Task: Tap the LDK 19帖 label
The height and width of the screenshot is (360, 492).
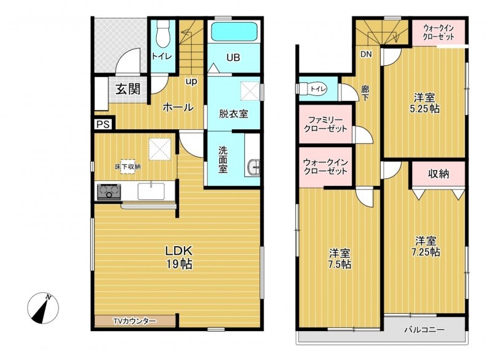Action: coord(178,257)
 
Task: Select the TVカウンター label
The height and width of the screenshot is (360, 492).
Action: coord(134,321)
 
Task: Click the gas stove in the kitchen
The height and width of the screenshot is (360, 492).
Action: coord(108,193)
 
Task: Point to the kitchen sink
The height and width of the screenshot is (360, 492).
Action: coord(149,192)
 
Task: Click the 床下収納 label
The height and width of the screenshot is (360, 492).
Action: coord(127,166)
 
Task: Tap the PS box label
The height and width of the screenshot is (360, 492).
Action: coord(103,124)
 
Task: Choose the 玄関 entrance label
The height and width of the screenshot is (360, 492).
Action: coord(129,89)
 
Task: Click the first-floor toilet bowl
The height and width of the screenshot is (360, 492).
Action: coord(162,37)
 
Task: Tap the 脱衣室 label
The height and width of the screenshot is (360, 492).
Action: coord(234,113)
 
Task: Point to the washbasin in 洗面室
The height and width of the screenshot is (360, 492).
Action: coord(253,167)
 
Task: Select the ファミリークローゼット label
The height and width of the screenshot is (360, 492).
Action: coord(324,125)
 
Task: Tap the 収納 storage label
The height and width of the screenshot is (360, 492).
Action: coord(438,174)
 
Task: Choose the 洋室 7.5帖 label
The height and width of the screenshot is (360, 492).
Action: coord(339,258)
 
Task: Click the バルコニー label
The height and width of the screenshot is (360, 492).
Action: coord(424,330)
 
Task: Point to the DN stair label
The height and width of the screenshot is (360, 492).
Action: coord(366,54)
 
